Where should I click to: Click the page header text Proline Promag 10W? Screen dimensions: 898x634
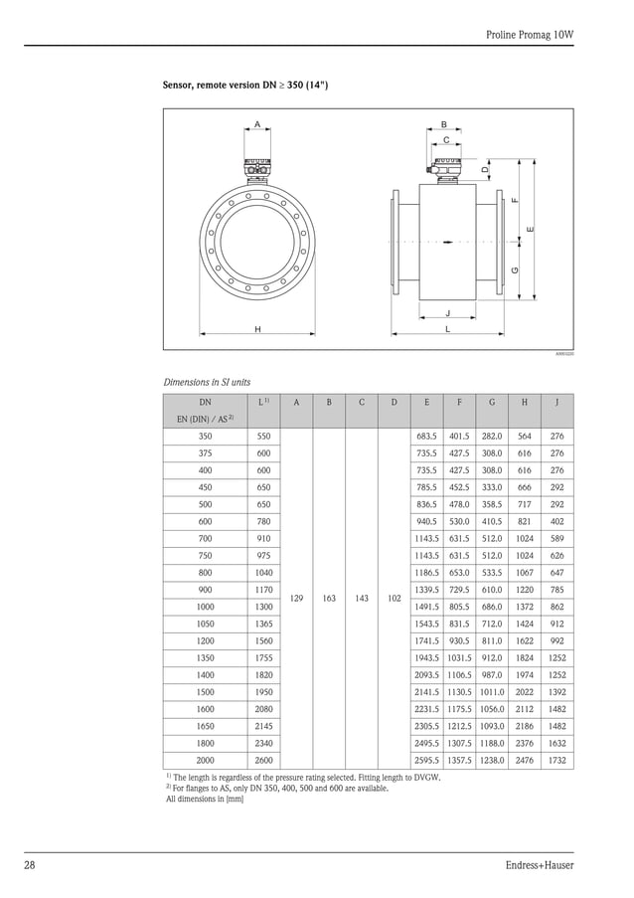(x=530, y=34)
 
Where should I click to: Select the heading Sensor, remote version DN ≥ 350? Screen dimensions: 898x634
(x=244, y=87)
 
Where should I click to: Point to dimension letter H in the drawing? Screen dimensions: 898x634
(x=257, y=328)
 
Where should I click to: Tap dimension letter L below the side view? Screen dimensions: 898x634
(x=447, y=328)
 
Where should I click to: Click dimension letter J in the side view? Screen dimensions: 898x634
(x=447, y=312)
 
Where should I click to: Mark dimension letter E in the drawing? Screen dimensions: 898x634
(x=531, y=230)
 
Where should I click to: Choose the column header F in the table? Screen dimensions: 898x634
(x=458, y=403)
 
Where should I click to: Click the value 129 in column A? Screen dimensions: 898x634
(x=297, y=599)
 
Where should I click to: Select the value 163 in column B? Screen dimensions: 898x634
(x=329, y=599)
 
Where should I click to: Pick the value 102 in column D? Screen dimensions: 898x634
(x=394, y=599)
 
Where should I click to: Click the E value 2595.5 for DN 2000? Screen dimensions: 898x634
(x=426, y=760)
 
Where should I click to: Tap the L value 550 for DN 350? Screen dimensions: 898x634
(x=263, y=436)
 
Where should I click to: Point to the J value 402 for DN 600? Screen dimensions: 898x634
(x=556, y=520)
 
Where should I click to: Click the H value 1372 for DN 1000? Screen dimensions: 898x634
(x=524, y=606)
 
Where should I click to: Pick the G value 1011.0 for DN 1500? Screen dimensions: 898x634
(x=491, y=692)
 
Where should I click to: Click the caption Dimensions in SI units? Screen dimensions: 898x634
(x=207, y=382)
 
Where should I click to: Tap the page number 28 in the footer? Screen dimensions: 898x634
(x=30, y=865)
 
